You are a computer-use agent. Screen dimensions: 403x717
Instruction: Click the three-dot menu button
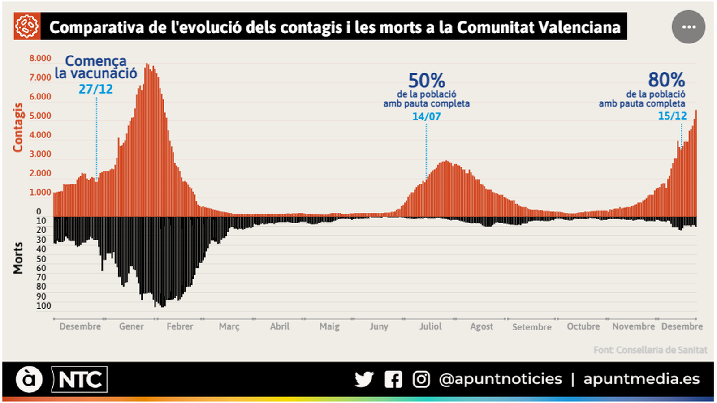(x=688, y=27)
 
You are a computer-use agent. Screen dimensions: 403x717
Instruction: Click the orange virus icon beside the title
(x=27, y=26)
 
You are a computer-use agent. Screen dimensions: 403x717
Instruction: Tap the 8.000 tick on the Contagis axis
(x=40, y=58)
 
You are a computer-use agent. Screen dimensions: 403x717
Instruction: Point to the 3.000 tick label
(x=40, y=154)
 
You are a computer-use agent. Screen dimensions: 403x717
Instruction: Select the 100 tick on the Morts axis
(x=43, y=306)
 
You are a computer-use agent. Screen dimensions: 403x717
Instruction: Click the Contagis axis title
(x=17, y=128)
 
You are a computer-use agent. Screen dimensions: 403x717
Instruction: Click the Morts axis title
(x=17, y=258)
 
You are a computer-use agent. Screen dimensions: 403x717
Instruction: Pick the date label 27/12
(x=95, y=89)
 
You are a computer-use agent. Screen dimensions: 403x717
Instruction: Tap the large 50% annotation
(x=426, y=81)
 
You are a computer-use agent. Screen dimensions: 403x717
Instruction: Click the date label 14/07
(x=426, y=116)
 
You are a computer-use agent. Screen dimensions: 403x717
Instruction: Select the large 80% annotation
(x=666, y=80)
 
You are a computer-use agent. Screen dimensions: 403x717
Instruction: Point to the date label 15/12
(x=672, y=116)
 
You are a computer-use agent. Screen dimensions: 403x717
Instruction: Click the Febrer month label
(x=180, y=326)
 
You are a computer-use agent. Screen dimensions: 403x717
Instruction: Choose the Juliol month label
(x=430, y=326)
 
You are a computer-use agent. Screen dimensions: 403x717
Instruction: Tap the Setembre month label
(x=531, y=327)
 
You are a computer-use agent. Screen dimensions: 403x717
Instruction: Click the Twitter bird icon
(x=364, y=379)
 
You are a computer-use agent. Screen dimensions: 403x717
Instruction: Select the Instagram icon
(x=421, y=379)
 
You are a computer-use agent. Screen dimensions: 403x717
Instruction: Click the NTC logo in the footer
(x=79, y=380)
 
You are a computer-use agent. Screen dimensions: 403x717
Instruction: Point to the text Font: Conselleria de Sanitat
(x=650, y=350)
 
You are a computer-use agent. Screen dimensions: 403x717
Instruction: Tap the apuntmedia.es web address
(x=641, y=379)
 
